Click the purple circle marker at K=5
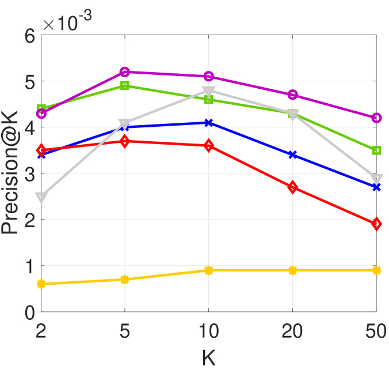[x=125, y=72]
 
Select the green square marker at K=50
[x=377, y=150]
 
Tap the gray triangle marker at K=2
[x=41, y=197]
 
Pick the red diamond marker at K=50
[x=377, y=224]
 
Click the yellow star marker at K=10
[x=209, y=270]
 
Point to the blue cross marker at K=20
[x=292, y=155]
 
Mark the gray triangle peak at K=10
[x=209, y=91]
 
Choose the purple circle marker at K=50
[x=377, y=118]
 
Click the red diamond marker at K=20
[x=292, y=187]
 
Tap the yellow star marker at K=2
[x=41, y=284]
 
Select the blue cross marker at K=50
[x=377, y=187]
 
